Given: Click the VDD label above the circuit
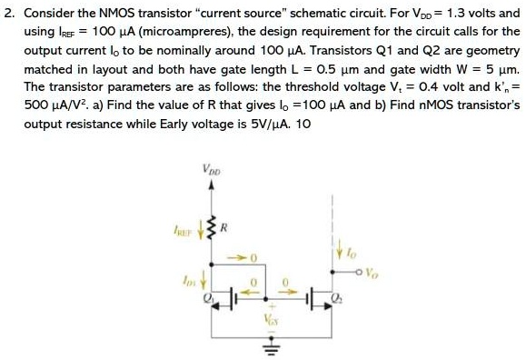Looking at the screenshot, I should point(213,168).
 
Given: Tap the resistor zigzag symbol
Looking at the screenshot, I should point(213,222).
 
